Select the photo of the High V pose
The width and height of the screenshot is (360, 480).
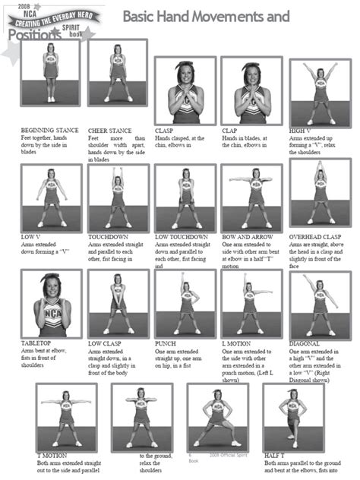(x=319, y=93)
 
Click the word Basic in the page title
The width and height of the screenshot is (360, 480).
(x=142, y=15)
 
